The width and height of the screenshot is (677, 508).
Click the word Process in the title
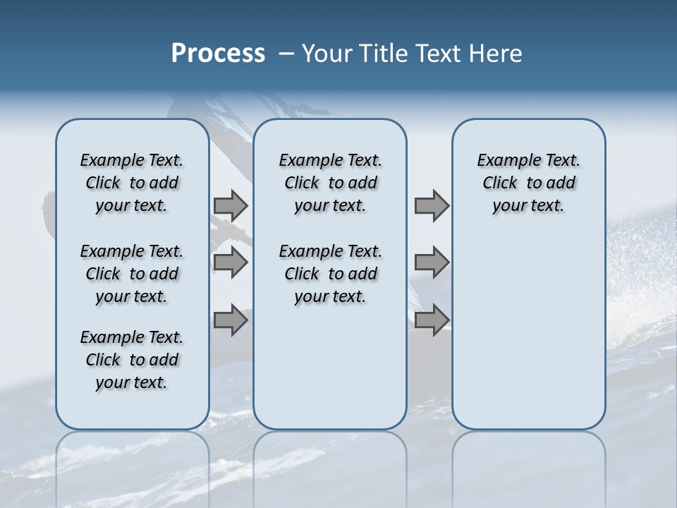pyautogui.click(x=218, y=54)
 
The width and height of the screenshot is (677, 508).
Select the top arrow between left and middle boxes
pyautogui.click(x=231, y=205)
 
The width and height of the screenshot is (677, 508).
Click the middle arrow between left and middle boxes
pyautogui.click(x=231, y=262)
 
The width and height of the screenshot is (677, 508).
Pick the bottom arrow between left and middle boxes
pyautogui.click(x=231, y=320)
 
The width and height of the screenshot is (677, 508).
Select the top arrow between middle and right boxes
pyautogui.click(x=432, y=205)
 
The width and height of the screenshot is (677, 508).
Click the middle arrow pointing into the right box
pyautogui.click(x=432, y=262)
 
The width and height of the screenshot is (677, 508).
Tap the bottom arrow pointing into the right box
pyautogui.click(x=432, y=320)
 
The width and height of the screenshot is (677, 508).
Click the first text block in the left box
pyautogui.click(x=132, y=183)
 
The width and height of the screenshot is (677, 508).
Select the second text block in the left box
pyautogui.click(x=132, y=274)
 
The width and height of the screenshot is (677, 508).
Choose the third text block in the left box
pyautogui.click(x=132, y=360)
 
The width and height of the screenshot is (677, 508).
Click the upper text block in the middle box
pyautogui.click(x=330, y=183)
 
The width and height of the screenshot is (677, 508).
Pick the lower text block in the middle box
pyautogui.click(x=330, y=274)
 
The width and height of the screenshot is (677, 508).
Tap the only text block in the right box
pyautogui.click(x=528, y=183)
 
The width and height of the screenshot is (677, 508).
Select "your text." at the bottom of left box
pyautogui.click(x=132, y=382)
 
